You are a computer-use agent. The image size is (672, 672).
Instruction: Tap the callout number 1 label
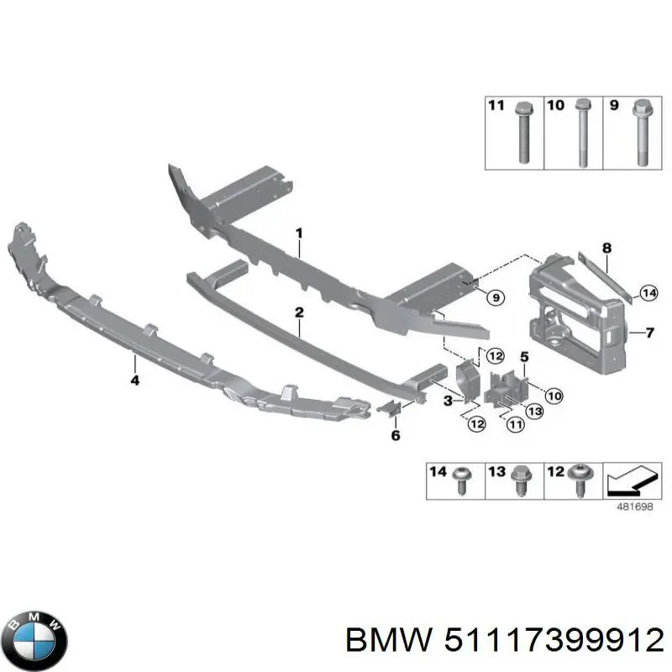(x=298, y=233)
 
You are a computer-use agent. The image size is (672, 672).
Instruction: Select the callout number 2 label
(x=299, y=312)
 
